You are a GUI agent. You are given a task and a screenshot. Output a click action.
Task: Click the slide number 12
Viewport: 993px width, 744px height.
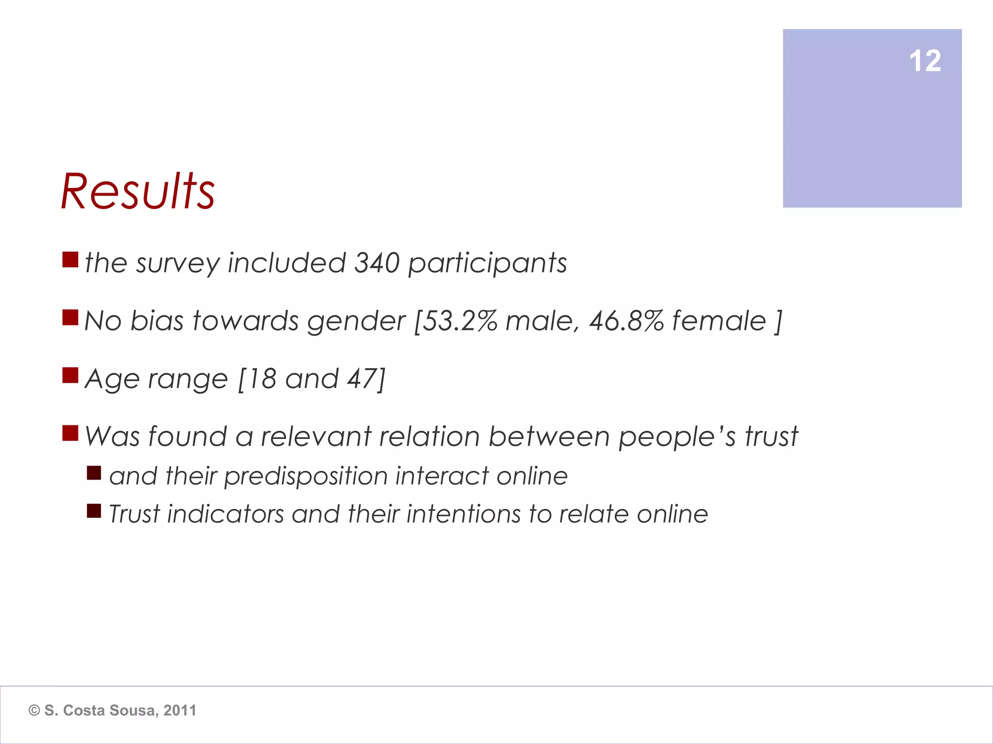pyautogui.click(x=925, y=61)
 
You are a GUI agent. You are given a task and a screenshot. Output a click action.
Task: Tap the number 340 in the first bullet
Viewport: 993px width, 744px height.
pyautogui.click(x=377, y=263)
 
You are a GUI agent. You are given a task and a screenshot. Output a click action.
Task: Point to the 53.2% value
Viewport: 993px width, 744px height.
pyautogui.click(x=459, y=321)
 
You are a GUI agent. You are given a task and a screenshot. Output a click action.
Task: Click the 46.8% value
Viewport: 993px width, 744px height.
pyautogui.click(x=626, y=321)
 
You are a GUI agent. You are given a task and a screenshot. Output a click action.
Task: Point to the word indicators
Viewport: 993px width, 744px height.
pyautogui.click(x=225, y=514)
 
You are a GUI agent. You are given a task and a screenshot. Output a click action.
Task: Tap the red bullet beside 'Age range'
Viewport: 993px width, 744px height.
pyautogui.click(x=70, y=375)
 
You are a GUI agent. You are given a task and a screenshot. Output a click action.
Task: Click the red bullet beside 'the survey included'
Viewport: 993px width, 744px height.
pyautogui.click(x=70, y=260)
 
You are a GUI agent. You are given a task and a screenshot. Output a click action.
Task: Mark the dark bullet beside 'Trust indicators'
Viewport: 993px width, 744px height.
pyautogui.click(x=94, y=511)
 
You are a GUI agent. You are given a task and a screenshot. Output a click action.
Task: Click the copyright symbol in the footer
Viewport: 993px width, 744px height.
pyautogui.click(x=34, y=711)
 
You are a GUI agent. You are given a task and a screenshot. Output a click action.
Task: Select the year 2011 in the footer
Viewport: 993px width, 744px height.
pyautogui.click(x=179, y=711)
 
